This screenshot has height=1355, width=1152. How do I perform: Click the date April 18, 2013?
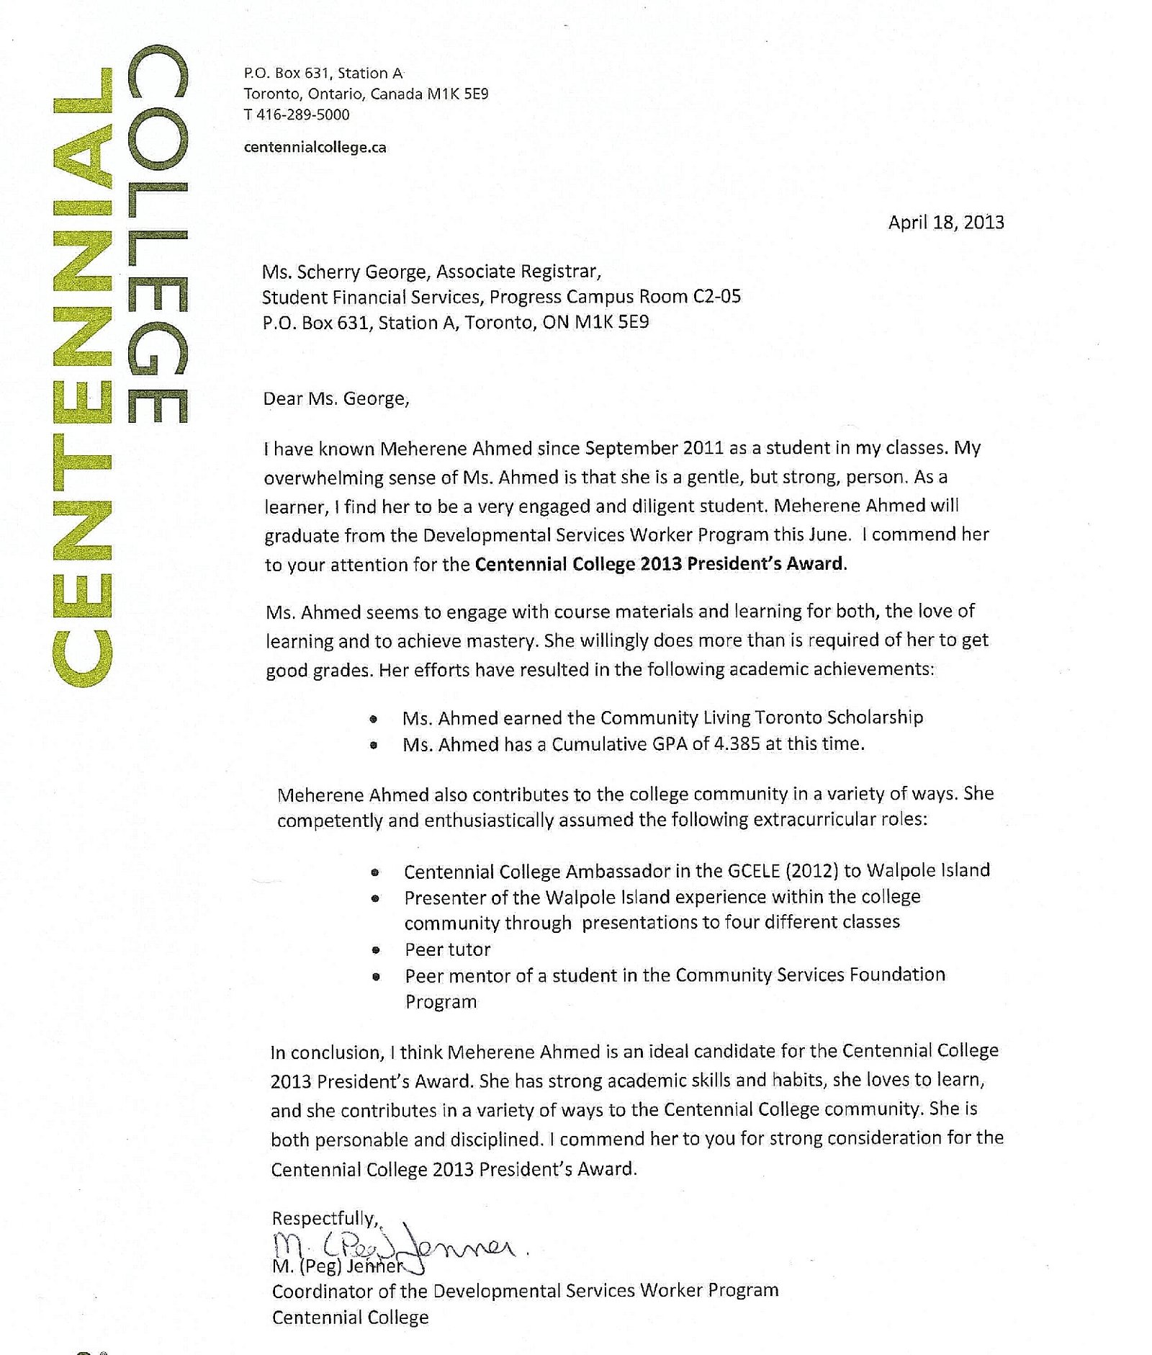coord(945,223)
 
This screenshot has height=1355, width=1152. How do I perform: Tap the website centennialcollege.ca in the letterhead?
coord(315,148)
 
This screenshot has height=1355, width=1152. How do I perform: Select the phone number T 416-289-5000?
coord(297,115)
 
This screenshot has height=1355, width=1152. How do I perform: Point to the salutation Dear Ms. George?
coord(336,398)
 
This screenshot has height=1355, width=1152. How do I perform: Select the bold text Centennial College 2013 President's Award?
coord(659,563)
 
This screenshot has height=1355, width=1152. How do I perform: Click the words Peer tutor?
coord(447,949)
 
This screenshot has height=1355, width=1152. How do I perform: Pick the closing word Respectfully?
coord(324,1218)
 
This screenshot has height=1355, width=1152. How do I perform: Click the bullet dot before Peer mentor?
coord(375,978)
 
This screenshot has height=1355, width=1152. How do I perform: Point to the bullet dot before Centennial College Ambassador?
coord(374,872)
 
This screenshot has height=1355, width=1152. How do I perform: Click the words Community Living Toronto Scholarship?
coord(762,717)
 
